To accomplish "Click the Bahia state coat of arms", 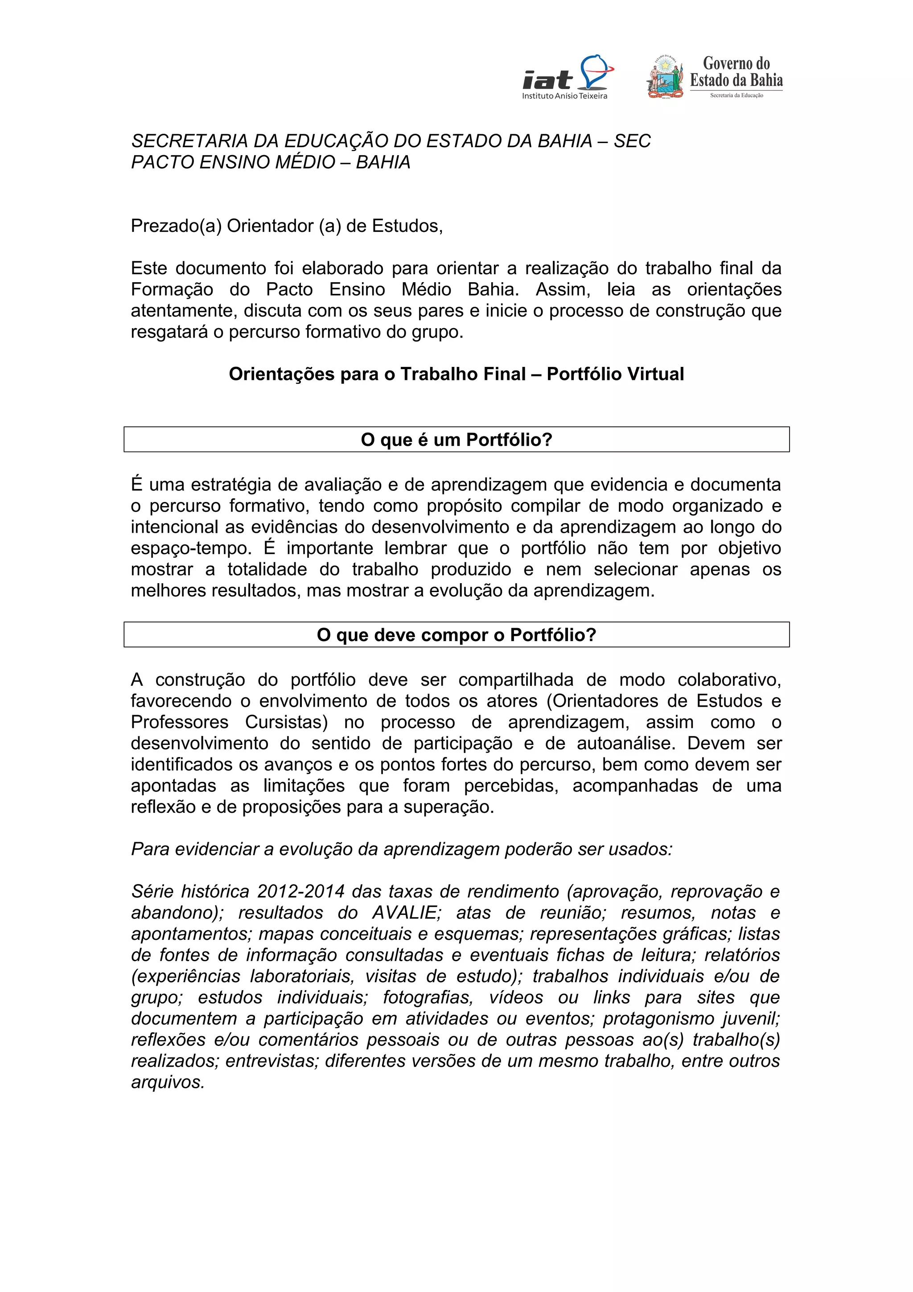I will click(x=666, y=78).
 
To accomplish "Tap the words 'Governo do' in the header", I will click(x=736, y=64).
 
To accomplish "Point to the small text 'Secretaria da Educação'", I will click(x=736, y=96).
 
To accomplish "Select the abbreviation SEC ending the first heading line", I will click(x=632, y=141).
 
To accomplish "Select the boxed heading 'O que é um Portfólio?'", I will click(x=456, y=440).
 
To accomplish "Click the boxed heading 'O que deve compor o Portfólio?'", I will click(x=456, y=635).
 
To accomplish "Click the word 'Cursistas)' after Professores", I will click(x=287, y=722).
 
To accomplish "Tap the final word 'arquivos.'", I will click(x=168, y=1082).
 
